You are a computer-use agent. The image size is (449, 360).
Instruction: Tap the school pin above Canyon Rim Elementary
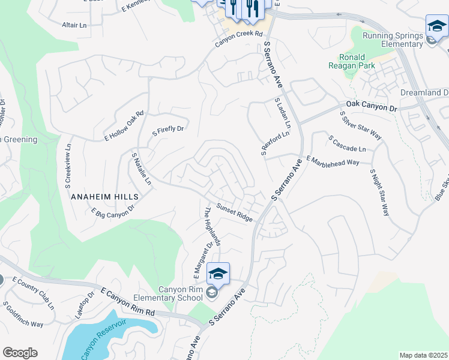(218, 274)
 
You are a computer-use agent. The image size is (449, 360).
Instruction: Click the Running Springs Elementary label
(393, 40)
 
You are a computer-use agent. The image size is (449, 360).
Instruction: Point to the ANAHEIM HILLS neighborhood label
(104, 196)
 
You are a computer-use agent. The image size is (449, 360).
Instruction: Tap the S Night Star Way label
(381, 191)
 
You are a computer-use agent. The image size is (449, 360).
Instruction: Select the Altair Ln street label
(74, 25)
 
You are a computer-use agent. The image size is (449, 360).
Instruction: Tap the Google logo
(20, 353)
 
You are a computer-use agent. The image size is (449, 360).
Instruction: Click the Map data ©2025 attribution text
(423, 355)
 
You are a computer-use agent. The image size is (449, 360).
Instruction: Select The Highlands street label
(213, 227)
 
